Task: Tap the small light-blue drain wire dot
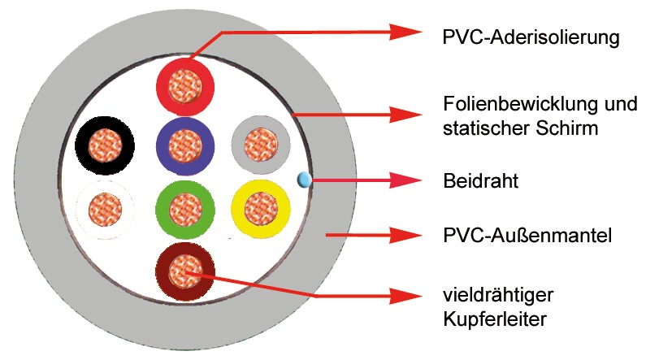coord(304,180)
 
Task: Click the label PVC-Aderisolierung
coord(531,37)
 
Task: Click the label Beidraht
coord(481,181)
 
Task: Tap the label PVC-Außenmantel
coord(527,236)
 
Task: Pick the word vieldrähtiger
coord(498,296)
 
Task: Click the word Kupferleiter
coord(495,319)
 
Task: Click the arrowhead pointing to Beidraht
coord(405,180)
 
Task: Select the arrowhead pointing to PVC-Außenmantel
coord(405,234)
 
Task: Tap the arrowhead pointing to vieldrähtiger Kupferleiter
coord(405,295)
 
